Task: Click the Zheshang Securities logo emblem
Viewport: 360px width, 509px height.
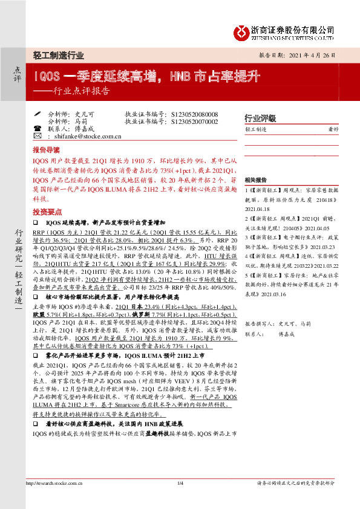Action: tap(242, 31)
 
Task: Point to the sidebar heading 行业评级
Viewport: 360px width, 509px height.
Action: tap(260, 117)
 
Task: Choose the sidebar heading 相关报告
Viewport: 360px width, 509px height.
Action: tap(255, 180)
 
